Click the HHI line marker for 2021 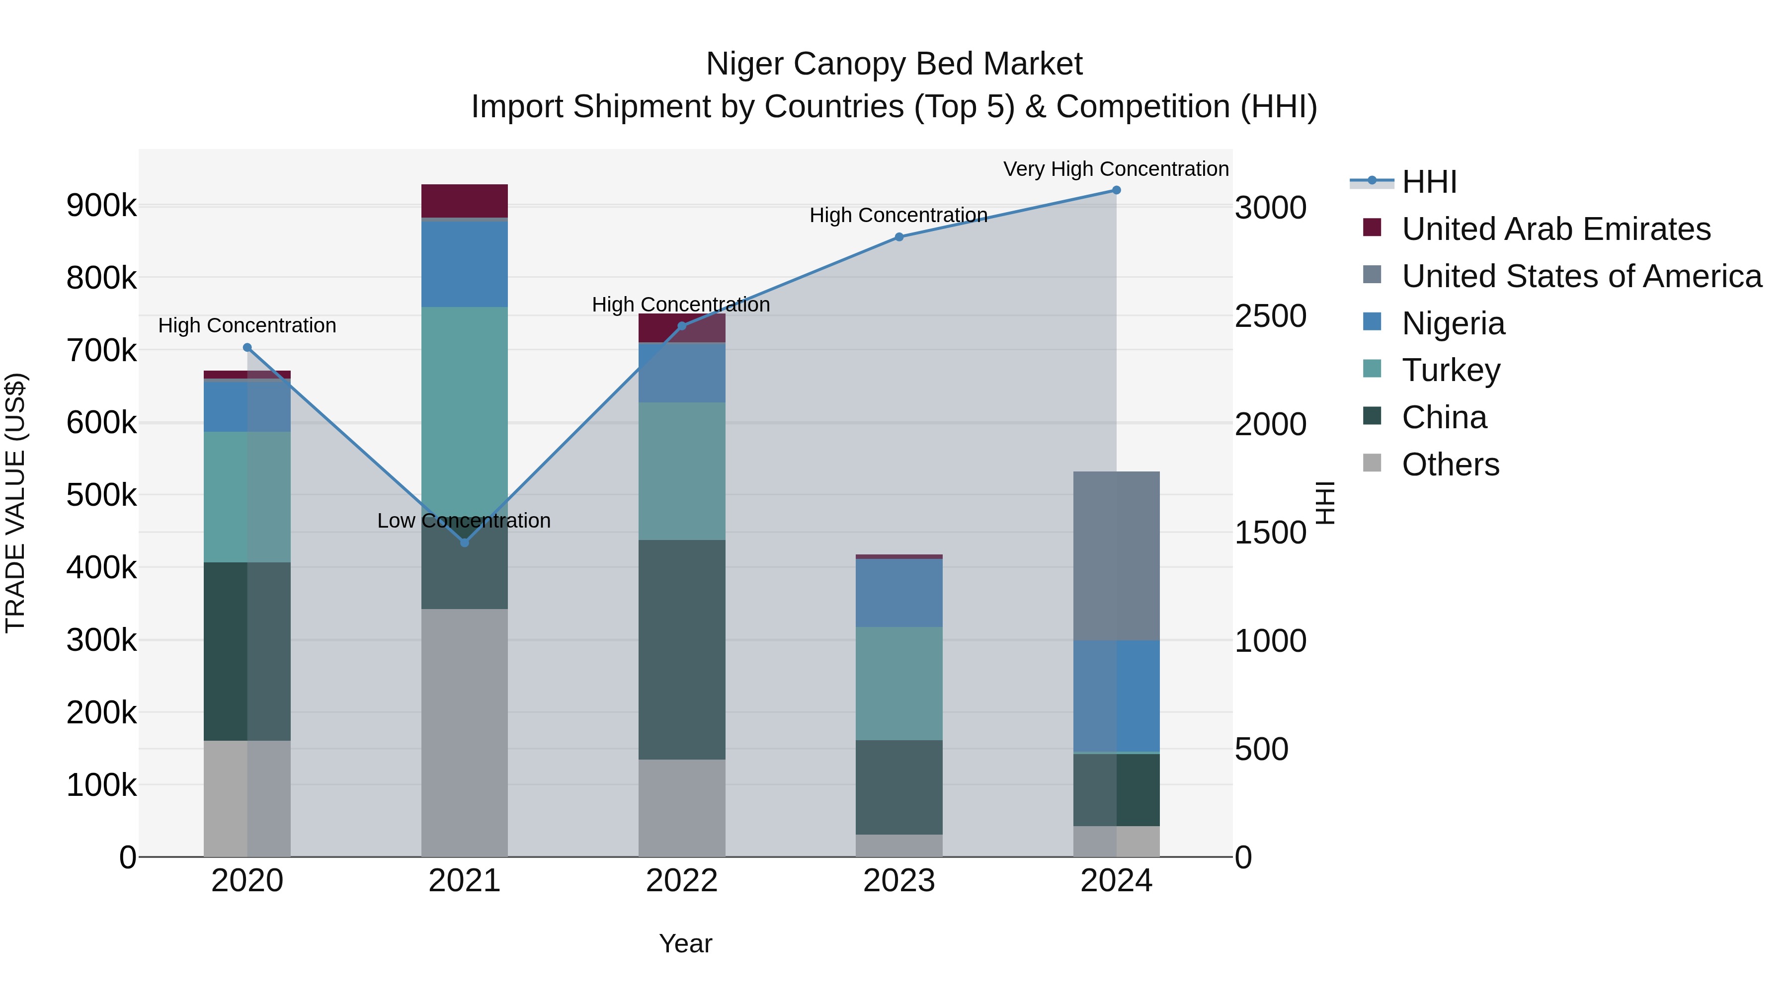tap(465, 542)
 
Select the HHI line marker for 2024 tap(1116, 190)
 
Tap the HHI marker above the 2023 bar tap(898, 237)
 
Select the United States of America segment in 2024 tap(1116, 555)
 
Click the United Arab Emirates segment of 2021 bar tap(465, 201)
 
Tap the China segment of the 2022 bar tap(681, 649)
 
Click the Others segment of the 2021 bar tap(465, 732)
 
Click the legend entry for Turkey tap(1450, 370)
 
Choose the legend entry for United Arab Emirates tap(1555, 229)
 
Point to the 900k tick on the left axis tap(101, 206)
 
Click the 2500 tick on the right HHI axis tap(1270, 316)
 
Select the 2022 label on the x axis tap(681, 881)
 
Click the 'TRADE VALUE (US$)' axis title tap(15, 503)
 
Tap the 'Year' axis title tap(685, 943)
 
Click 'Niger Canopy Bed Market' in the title tap(894, 64)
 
